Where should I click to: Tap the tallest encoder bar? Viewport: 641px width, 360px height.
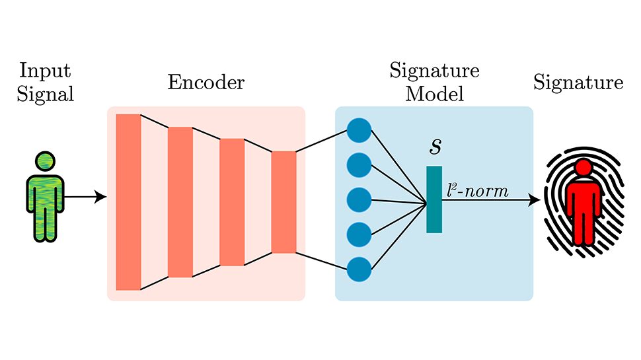click(128, 202)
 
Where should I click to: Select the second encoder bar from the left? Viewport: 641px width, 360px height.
click(180, 202)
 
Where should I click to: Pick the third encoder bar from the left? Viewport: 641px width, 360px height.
click(232, 202)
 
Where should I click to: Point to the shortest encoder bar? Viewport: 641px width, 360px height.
click(283, 202)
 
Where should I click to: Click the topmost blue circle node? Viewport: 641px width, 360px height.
click(359, 129)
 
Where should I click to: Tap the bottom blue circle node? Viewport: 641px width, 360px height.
click(359, 269)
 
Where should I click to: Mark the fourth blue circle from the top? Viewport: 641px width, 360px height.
click(359, 234)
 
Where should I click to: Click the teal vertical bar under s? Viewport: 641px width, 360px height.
click(434, 199)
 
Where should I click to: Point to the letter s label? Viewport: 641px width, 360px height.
click(435, 147)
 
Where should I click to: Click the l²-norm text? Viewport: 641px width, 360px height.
click(478, 192)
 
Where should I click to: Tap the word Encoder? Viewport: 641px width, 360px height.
click(206, 83)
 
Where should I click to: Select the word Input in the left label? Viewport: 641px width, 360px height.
click(45, 70)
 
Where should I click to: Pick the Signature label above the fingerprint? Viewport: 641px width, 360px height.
click(578, 83)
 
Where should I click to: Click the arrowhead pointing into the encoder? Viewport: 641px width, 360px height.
click(102, 197)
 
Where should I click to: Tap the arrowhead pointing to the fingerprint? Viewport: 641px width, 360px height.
click(535, 199)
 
